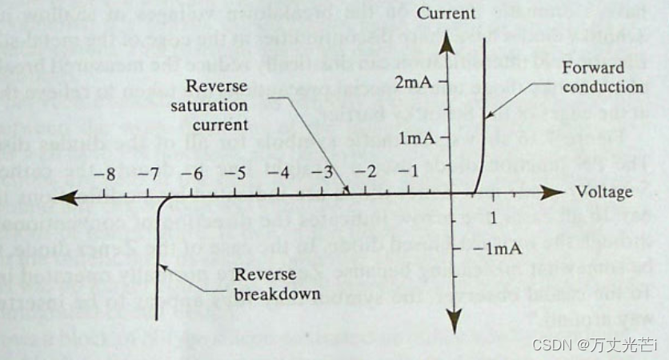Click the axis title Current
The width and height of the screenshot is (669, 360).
tap(463, 14)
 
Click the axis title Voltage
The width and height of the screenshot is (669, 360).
tap(604, 192)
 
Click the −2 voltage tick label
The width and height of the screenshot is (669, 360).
tap(367, 173)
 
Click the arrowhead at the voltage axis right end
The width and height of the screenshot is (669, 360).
tap(548, 194)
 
